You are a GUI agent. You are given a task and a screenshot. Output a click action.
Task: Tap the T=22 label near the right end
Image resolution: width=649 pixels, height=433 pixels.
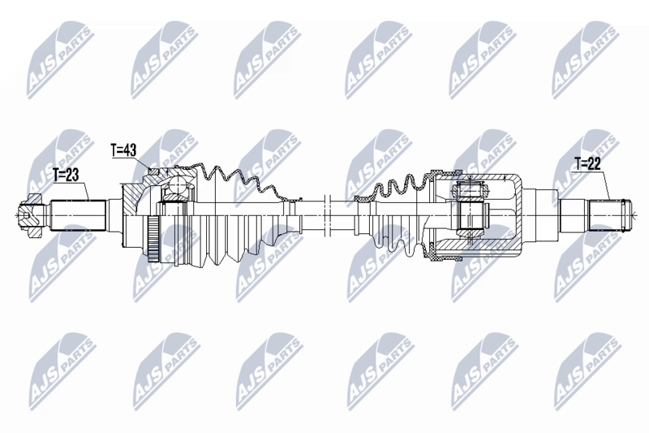(587, 163)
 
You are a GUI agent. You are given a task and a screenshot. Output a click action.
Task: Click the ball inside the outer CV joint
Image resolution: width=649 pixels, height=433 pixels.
(172, 194)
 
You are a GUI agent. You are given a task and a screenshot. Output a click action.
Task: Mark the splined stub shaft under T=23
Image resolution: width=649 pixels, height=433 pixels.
(80, 216)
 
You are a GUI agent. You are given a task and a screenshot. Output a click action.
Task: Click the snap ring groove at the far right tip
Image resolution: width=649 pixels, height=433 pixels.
(625, 214)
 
